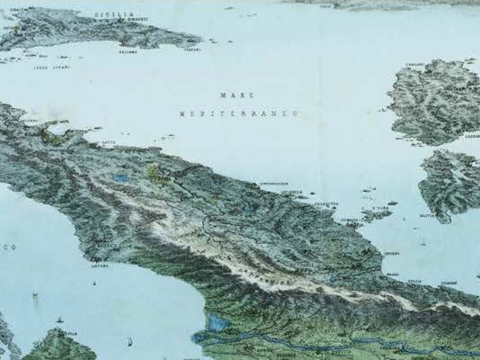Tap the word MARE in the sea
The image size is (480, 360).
pos(237,96)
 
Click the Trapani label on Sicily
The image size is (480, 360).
pos(192,50)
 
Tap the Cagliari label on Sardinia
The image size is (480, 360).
pos(415,65)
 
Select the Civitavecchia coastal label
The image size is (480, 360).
pos(274,183)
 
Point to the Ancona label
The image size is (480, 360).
pos(100,266)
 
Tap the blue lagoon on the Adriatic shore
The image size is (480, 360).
pos(213,321)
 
